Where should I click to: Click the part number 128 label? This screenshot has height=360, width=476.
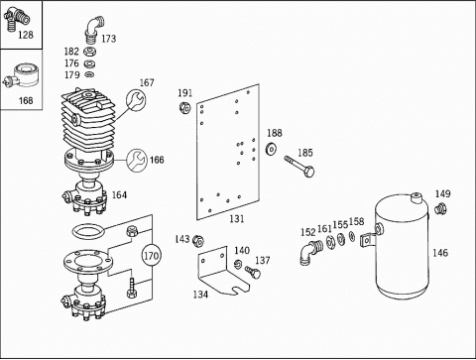coord(26,35)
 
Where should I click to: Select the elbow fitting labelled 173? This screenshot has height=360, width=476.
coord(94,29)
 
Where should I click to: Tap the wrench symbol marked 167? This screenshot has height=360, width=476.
coord(136,99)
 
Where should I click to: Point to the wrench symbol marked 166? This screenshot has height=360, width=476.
coord(137,161)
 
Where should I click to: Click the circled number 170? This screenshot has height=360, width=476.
coord(152,256)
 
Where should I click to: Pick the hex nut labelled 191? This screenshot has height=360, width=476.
coord(184,107)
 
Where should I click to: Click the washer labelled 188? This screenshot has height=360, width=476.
coord(271,149)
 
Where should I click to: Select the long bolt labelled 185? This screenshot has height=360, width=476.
coord(299,167)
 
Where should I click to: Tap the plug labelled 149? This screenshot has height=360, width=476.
coord(440,209)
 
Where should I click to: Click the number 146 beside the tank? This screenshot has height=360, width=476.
coord(440,253)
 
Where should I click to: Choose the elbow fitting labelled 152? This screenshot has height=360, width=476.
coord(311,252)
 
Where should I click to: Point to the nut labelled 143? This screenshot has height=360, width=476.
coord(198,241)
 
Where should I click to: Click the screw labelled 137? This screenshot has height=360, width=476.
coord(253,272)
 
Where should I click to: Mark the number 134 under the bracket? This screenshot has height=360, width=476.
coord(200,295)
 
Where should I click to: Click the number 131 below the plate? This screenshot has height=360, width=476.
coord(237,219)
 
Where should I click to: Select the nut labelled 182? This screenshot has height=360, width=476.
coord(88,52)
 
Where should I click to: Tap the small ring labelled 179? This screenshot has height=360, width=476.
coord(89,74)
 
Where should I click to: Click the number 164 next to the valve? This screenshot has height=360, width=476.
coord(119,195)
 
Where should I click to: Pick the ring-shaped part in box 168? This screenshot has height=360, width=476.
coord(27,75)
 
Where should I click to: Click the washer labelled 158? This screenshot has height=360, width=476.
coord(352,236)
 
